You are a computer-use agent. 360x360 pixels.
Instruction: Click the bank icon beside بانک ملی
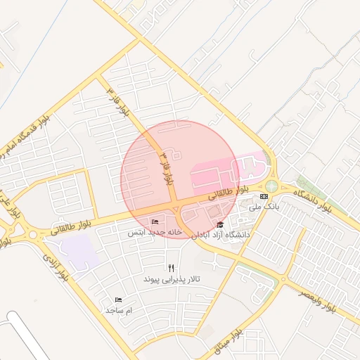[264, 196]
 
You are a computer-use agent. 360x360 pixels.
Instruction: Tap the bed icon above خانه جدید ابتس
[155, 221]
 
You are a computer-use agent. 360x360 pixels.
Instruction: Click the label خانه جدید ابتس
[155, 231]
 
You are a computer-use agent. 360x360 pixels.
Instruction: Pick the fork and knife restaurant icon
[172, 268]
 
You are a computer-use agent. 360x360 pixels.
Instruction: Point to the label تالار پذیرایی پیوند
[172, 279]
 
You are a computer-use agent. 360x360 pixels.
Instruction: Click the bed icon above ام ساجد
[118, 300]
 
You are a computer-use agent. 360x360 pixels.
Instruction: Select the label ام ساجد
[119, 310]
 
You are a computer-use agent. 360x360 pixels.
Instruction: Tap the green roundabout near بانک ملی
[271, 187]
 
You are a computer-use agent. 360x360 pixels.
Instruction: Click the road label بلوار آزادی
[56, 268]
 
